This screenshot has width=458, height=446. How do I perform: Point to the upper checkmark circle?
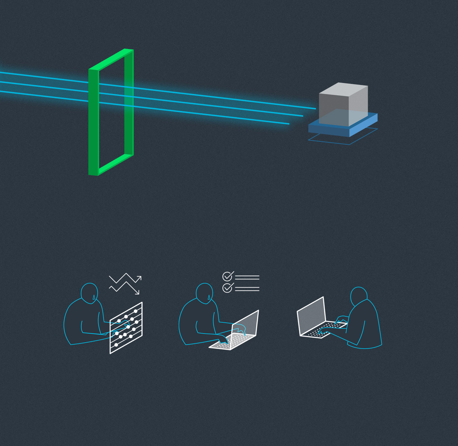pyautogui.click(x=227, y=277)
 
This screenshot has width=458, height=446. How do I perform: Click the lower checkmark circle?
pyautogui.click(x=227, y=288)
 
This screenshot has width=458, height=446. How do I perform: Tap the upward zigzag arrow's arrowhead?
pyautogui.click(x=139, y=278)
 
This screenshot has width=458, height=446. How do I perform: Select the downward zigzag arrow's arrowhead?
pyautogui.click(x=137, y=292)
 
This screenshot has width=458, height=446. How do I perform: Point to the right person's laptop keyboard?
pyautogui.click(x=324, y=330)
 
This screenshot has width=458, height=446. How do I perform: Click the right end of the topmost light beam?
pyautogui.click(x=315, y=108)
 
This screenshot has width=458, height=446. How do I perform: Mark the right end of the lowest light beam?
pyautogui.click(x=288, y=124)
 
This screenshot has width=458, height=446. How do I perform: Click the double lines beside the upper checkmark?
pyautogui.click(x=247, y=278)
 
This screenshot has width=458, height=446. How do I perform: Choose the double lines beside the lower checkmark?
pyautogui.click(x=247, y=289)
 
